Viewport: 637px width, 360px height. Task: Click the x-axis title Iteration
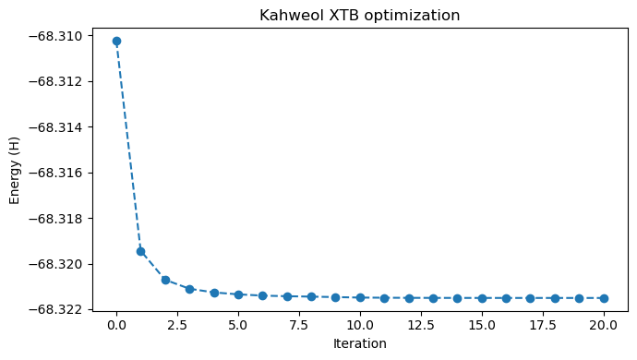coord(360,343)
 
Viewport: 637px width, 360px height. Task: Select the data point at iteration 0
coord(116,41)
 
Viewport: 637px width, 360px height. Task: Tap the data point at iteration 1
coord(140,251)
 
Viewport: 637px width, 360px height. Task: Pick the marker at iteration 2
coord(165,280)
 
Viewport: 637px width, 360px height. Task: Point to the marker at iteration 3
coord(189,289)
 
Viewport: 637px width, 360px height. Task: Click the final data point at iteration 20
coord(604,298)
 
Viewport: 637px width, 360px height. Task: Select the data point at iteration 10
coord(360,297)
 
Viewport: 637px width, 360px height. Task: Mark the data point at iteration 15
coord(482,298)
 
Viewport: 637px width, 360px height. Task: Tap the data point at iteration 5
coord(238,294)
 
